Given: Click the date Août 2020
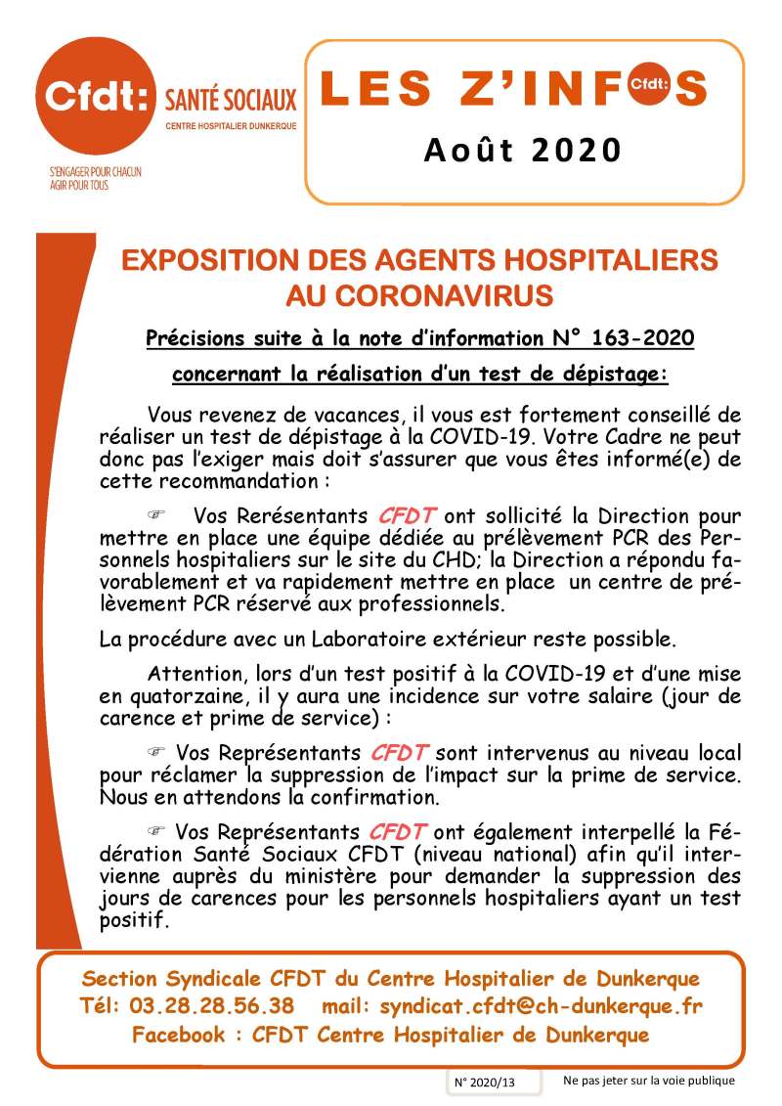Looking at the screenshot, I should point(523,150).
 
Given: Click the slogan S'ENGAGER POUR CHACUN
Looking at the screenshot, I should point(96,172).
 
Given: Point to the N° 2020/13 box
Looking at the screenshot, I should point(483,1083).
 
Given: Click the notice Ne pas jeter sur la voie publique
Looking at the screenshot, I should point(648,1081).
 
